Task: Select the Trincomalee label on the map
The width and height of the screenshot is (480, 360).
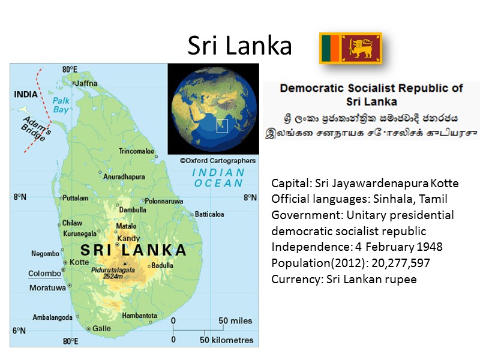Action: pos(136,151)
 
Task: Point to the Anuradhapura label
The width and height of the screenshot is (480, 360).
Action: pos(124,177)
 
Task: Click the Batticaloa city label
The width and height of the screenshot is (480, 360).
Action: pos(209,214)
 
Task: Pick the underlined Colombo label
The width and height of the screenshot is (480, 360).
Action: pos(44,274)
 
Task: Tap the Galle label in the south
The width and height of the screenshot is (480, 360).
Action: pos(101,328)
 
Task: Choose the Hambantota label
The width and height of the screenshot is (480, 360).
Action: pos(139,316)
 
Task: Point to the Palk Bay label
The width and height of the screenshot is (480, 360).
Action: pos(61,105)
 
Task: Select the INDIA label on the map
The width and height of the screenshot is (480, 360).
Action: pos(25,94)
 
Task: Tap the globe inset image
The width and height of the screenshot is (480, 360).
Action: pos(212,109)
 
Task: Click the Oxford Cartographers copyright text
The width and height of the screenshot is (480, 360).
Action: pos(217,161)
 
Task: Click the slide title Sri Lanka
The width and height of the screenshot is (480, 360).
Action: pos(239,46)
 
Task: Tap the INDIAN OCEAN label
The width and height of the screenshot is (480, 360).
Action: pos(218,178)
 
